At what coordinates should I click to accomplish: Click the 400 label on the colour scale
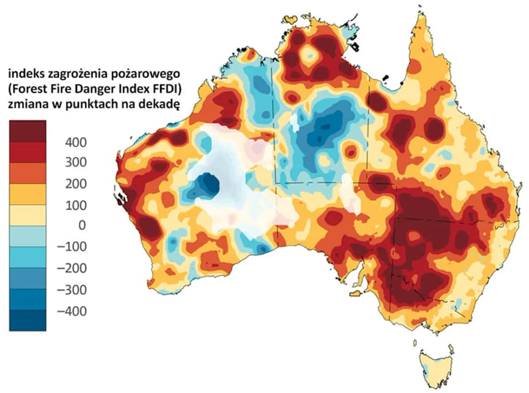pyautogui.click(x=75, y=142)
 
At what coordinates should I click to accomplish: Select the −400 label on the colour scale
pyautogui.click(x=72, y=311)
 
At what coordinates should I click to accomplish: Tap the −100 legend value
pyautogui.click(x=72, y=246)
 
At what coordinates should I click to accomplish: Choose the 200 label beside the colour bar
pyautogui.click(x=75, y=184)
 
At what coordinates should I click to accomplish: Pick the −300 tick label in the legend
pyautogui.click(x=72, y=290)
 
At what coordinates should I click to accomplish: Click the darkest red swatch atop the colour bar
pyautogui.click(x=27, y=131)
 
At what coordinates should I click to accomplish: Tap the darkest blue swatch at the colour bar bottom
pyautogui.click(x=27, y=321)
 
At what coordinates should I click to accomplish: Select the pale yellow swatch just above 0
pyautogui.click(x=27, y=215)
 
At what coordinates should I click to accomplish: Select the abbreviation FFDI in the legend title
pyautogui.click(x=160, y=89)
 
